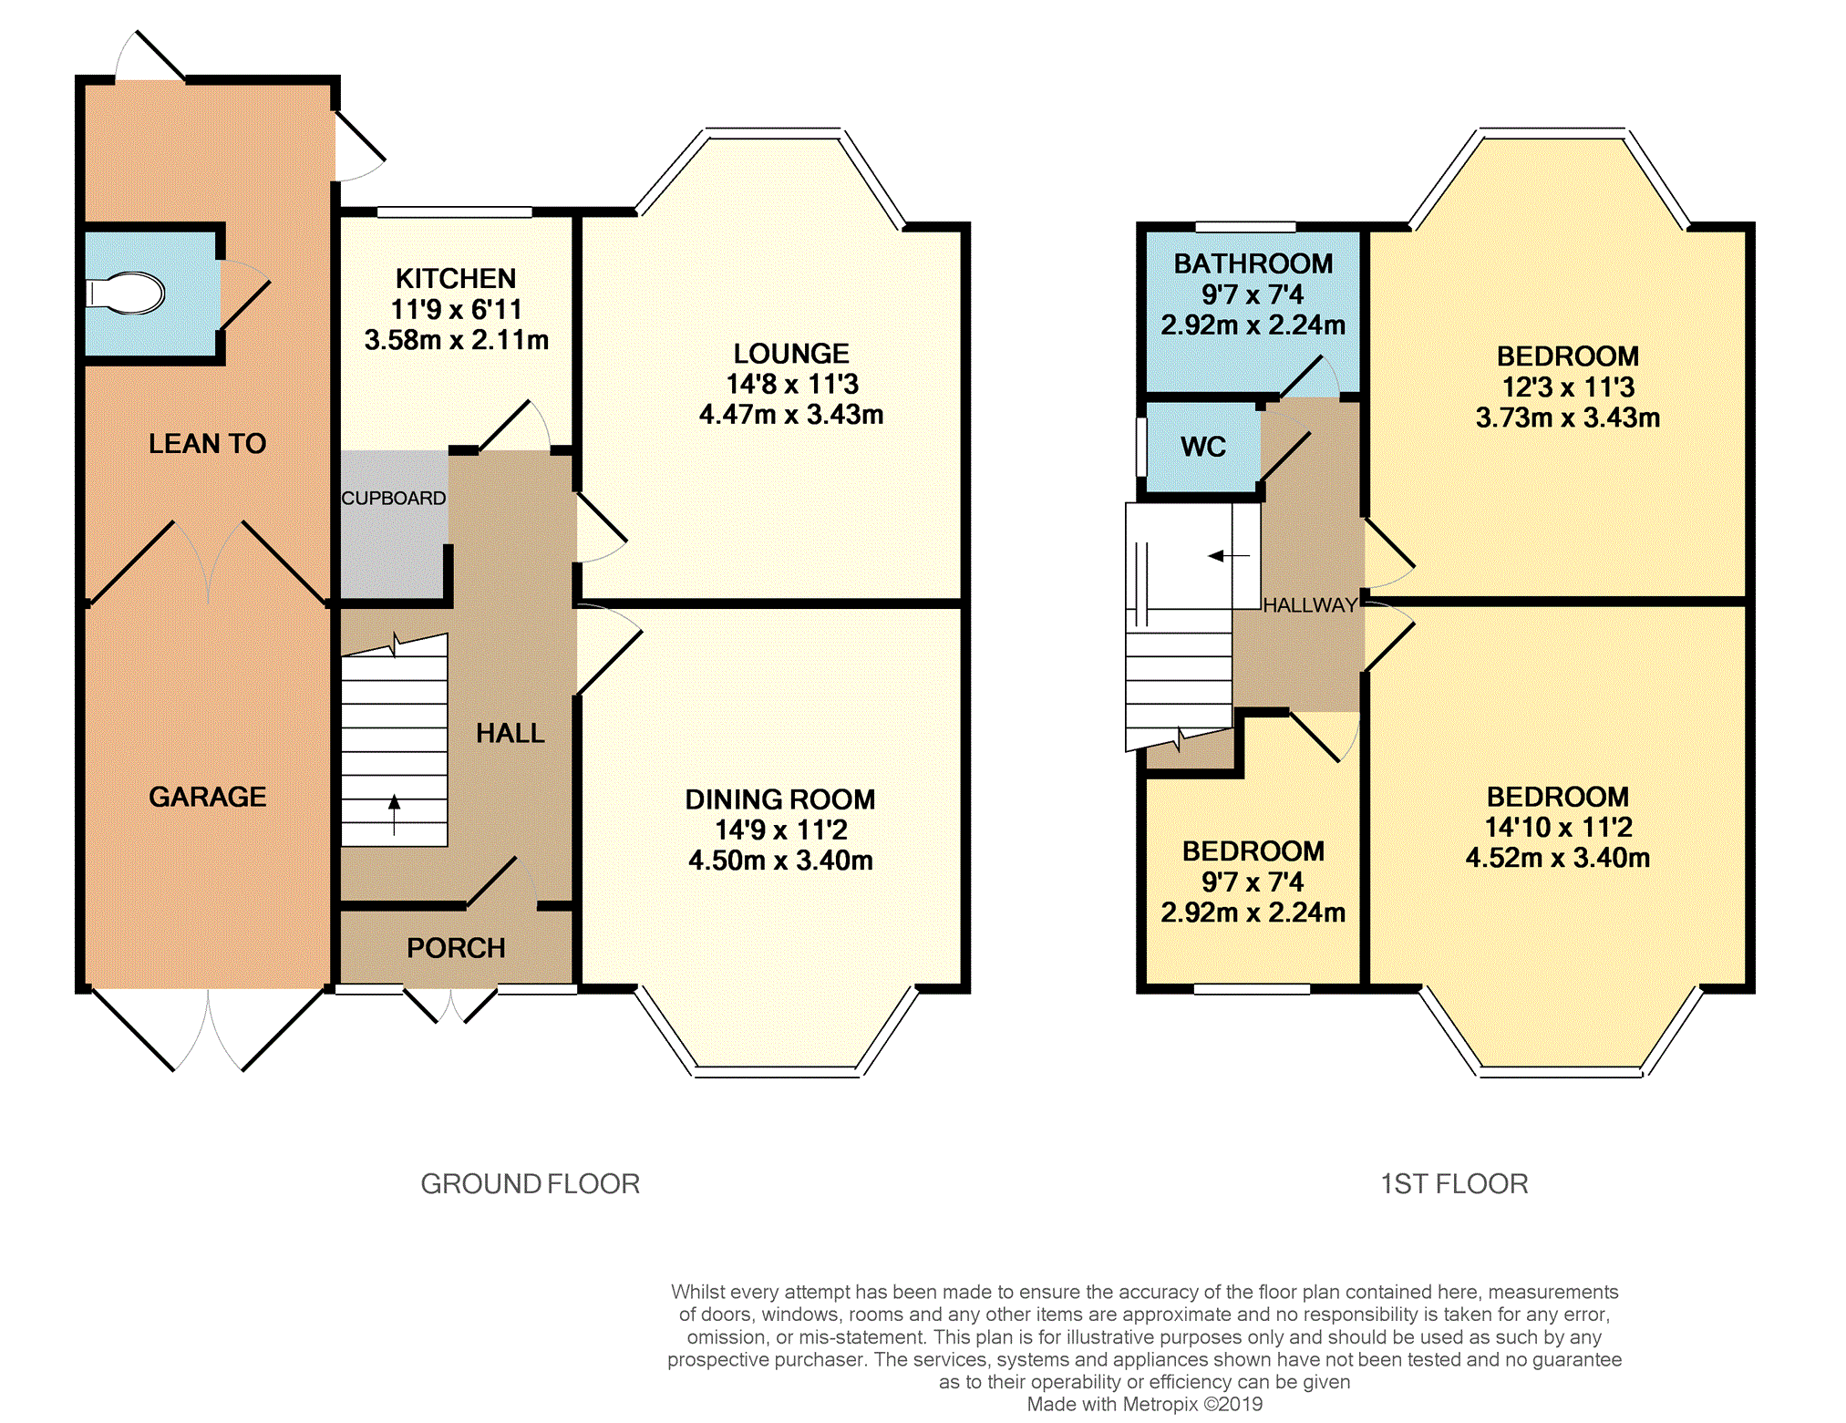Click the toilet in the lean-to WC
click(x=125, y=294)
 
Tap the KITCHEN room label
click(x=456, y=278)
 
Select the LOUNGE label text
click(x=791, y=354)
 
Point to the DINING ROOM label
click(x=780, y=799)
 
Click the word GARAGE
click(x=208, y=797)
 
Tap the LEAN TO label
click(x=208, y=444)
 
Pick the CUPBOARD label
click(x=394, y=499)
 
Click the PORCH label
click(x=456, y=948)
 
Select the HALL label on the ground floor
click(x=510, y=733)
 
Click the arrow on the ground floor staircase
click(x=394, y=815)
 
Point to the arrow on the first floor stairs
click(x=1229, y=556)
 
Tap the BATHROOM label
click(x=1253, y=263)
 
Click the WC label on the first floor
click(x=1203, y=447)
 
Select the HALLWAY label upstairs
click(x=1310, y=605)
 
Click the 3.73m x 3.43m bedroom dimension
click(x=1568, y=418)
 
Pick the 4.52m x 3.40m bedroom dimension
click(x=1558, y=858)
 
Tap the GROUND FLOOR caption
click(x=531, y=1183)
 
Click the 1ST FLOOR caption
click(x=1454, y=1183)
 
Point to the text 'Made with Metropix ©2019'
click(x=1145, y=1404)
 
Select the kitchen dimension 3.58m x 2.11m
click(x=457, y=340)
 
